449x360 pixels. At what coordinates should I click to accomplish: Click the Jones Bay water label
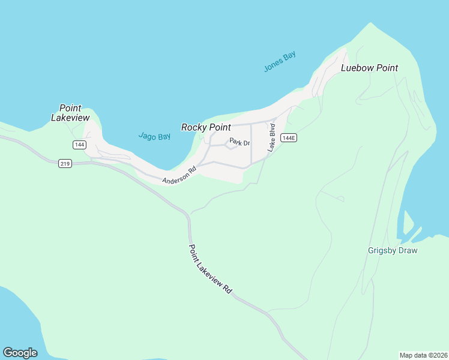click(x=280, y=62)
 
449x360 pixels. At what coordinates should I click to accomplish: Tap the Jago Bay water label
click(x=154, y=137)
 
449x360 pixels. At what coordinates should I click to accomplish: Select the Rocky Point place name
click(x=206, y=127)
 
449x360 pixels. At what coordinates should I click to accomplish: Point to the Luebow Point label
click(x=369, y=68)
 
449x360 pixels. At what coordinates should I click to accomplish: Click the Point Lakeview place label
click(x=70, y=113)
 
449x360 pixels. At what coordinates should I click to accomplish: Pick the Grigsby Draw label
click(x=392, y=250)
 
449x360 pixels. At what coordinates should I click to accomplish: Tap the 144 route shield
click(x=79, y=145)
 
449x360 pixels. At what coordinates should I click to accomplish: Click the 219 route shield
click(x=65, y=163)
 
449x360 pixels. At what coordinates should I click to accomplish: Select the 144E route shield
click(x=289, y=138)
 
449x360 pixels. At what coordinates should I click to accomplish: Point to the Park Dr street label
click(x=239, y=143)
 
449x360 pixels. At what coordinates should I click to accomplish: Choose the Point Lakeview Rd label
click(x=210, y=268)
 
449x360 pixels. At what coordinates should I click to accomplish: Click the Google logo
click(x=20, y=353)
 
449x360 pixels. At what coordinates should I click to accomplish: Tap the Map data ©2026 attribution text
click(x=423, y=355)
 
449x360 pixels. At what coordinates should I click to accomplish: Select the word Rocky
click(x=194, y=127)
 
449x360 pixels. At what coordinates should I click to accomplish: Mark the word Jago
click(x=148, y=137)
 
